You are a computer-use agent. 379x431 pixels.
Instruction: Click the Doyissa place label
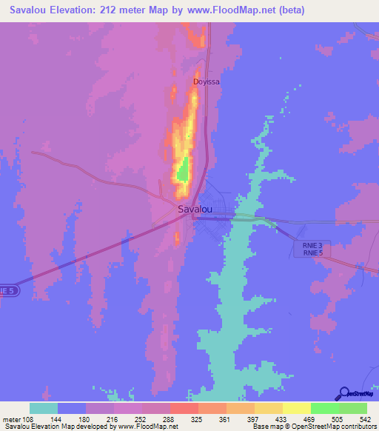207,82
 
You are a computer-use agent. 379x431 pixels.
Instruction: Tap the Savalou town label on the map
196,210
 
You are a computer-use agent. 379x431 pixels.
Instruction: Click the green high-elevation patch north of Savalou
181,173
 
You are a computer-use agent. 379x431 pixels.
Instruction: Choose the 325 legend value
198,418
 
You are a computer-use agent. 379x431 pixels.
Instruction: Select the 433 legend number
283,418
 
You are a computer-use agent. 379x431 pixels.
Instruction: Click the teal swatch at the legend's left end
44,408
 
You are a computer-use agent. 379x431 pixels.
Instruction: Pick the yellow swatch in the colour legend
296,408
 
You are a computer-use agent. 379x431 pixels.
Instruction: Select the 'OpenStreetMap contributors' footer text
343,427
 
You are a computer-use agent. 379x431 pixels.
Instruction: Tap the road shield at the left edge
7,291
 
